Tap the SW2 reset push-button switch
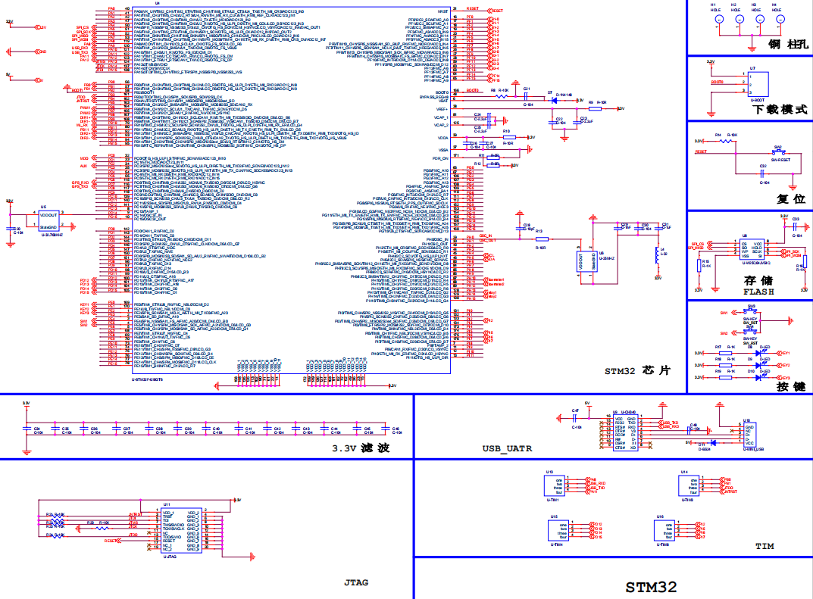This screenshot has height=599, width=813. click(777, 151)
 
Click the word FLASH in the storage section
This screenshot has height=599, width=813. click(759, 292)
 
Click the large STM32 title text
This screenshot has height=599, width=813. click(651, 586)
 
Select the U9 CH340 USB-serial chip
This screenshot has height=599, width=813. click(625, 432)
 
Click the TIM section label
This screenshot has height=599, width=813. click(764, 546)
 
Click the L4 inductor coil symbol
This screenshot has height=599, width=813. click(656, 254)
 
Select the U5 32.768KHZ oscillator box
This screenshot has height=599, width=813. click(48, 221)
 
